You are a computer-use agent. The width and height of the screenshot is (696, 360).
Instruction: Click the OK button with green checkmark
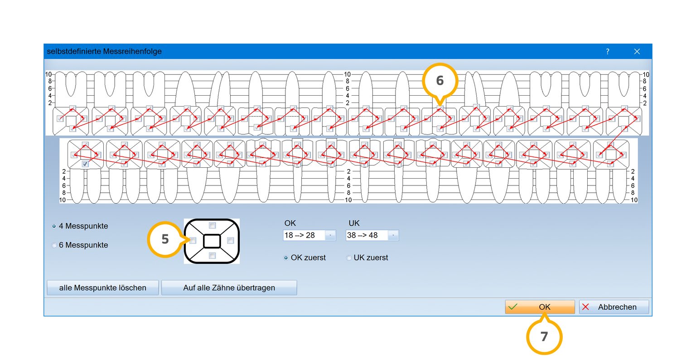540,307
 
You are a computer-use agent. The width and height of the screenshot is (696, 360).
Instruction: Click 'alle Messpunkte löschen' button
102,287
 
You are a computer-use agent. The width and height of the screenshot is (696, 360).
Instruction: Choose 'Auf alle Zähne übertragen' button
229,287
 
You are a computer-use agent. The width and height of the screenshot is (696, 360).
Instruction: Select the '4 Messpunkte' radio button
54,226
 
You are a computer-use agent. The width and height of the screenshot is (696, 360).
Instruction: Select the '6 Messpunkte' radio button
54,245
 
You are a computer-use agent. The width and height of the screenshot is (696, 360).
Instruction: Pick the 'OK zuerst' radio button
286,258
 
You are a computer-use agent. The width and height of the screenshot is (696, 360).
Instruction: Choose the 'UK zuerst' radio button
348,258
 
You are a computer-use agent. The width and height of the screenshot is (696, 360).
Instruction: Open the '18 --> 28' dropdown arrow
330,235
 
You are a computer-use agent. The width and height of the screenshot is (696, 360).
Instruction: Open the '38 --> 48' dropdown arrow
393,235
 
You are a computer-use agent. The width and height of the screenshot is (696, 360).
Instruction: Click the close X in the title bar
637,52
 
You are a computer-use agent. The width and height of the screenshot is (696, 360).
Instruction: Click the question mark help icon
608,52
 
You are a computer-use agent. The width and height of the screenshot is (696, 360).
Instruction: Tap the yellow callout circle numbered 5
165,239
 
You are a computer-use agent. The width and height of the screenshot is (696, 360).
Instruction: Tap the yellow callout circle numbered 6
440,81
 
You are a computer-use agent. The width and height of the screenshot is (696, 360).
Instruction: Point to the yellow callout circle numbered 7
544,337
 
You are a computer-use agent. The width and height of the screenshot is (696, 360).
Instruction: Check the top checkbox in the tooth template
212,225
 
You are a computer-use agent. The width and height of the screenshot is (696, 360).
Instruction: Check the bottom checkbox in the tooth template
212,256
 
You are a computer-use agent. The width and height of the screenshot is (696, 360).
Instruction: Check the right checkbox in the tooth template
230,241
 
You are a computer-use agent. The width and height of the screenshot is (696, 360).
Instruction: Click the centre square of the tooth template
212,241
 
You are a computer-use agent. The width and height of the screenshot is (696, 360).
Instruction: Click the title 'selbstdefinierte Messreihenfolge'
104,51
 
